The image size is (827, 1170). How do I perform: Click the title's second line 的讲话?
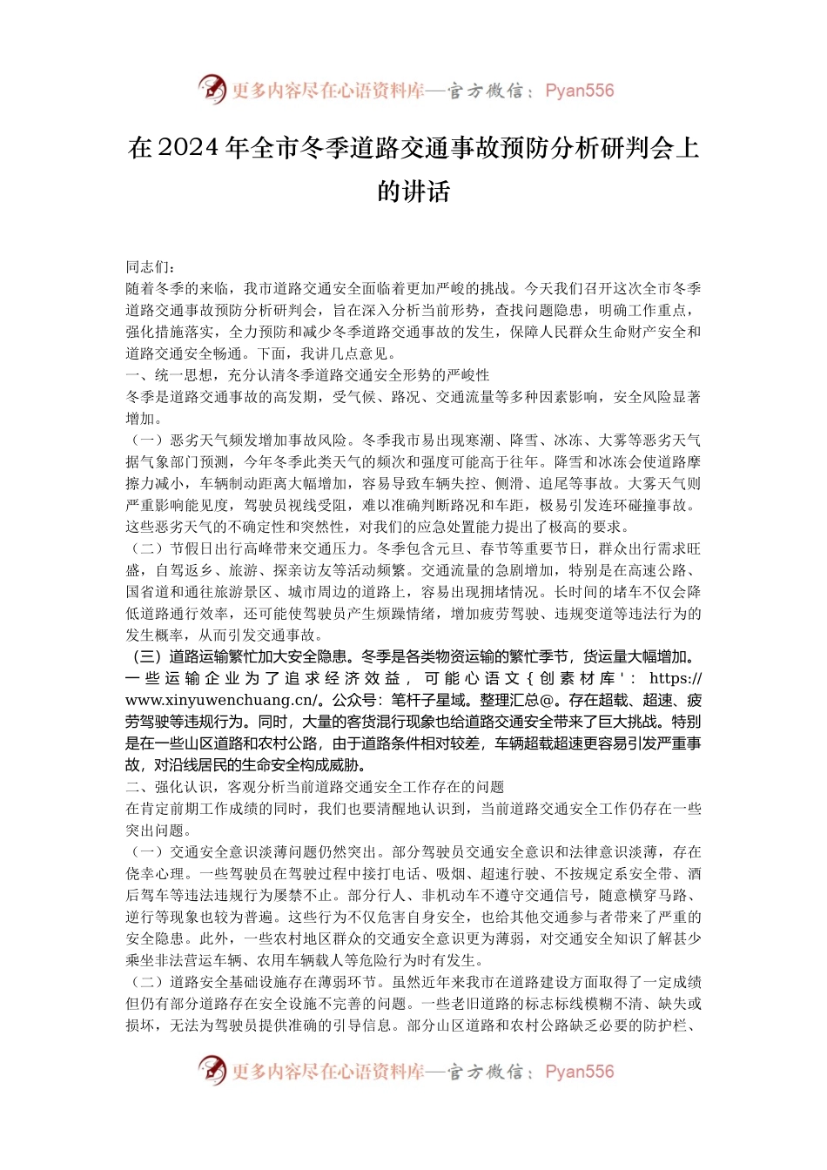[413, 191]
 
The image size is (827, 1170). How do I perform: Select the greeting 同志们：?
[151, 266]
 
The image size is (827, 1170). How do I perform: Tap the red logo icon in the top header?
[211, 90]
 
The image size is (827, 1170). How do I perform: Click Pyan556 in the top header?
[579, 91]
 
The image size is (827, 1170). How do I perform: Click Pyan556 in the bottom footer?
[579, 1072]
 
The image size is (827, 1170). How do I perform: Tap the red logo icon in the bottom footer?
[211, 1071]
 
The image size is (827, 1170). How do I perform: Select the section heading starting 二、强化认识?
[314, 787]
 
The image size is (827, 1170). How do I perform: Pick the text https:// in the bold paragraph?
[676, 678]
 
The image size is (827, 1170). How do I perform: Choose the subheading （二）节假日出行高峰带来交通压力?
[247, 548]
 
